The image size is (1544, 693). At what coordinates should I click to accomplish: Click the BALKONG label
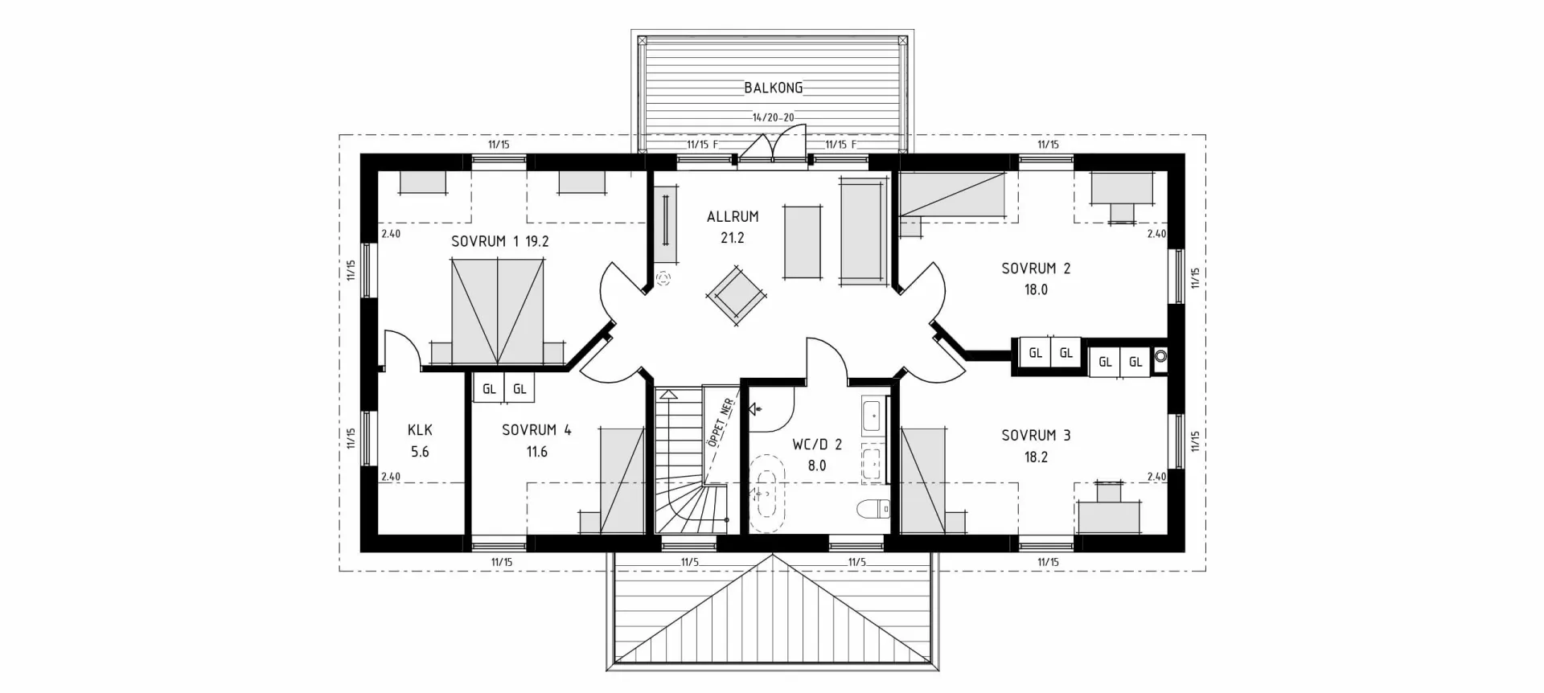pos(773,88)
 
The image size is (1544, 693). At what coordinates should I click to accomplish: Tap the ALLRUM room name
pos(733,216)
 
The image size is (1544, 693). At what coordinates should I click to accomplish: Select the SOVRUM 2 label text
pos(1035,269)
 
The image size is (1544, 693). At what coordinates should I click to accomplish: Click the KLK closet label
pos(420,430)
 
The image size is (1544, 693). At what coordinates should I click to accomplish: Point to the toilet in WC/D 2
pos(873,508)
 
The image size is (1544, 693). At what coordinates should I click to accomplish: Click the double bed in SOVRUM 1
pos(498,312)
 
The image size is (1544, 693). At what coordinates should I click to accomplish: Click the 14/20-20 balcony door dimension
pos(773,117)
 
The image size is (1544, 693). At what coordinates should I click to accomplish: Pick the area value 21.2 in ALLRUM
pos(733,238)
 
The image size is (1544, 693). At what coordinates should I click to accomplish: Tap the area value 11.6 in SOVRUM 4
pos(536,452)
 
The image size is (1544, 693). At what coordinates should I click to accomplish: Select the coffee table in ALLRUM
pos(803,242)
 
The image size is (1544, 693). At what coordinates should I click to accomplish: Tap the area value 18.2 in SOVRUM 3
pos(1035,457)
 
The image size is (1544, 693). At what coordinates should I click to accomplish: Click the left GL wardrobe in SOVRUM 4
pos(489,389)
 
